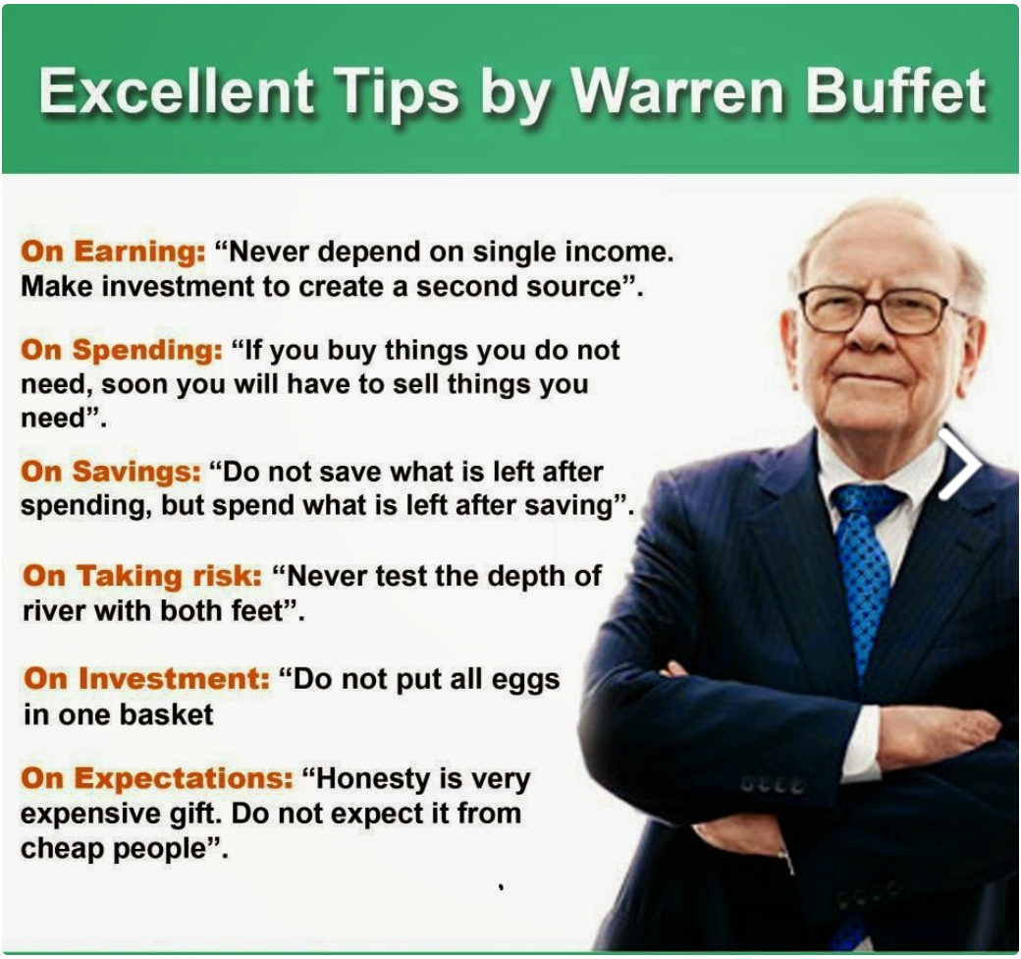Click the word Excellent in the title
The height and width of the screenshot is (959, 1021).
point(176,90)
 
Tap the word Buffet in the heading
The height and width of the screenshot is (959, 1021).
point(896,90)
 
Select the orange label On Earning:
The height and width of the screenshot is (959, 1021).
point(113,252)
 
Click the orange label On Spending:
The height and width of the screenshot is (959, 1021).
point(121,350)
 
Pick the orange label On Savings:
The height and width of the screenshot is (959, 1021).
point(111,472)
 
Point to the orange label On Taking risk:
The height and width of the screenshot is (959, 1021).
point(142,576)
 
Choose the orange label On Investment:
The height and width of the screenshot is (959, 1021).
point(146,679)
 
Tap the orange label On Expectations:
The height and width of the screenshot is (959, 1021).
point(157,778)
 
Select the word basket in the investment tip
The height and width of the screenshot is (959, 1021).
point(166,714)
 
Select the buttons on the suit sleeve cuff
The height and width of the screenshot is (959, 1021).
point(774,786)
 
